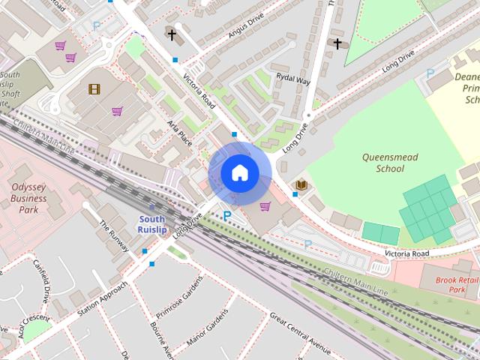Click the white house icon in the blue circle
239,173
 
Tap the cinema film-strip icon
94,89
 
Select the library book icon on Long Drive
301,184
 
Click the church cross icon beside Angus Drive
172,34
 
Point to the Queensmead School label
389,163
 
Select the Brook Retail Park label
457,283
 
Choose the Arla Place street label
180,132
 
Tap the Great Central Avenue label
299,335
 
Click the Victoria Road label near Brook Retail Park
406,254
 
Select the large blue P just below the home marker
226,216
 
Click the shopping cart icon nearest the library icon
264,206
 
